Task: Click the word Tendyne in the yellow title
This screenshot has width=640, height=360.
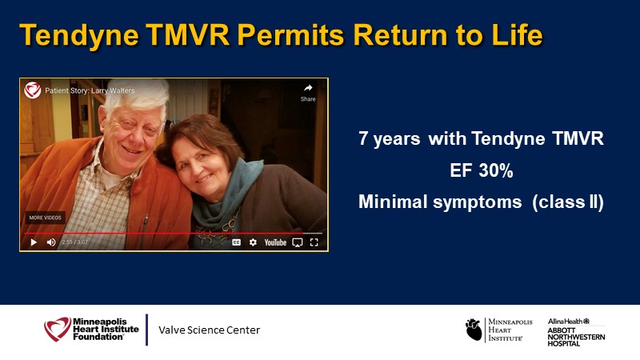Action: pyautogui.click(x=79, y=36)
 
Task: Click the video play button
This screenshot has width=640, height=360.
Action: pyautogui.click(x=34, y=242)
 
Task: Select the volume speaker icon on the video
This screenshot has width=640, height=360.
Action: pyautogui.click(x=51, y=242)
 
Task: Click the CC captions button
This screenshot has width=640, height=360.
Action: pyautogui.click(x=236, y=242)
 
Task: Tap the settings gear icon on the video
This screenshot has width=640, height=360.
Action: pyautogui.click(x=253, y=242)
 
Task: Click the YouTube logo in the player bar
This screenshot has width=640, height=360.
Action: pyautogui.click(x=275, y=242)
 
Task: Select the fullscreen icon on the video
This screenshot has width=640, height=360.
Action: pyautogui.click(x=314, y=242)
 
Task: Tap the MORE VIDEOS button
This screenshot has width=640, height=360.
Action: pyautogui.click(x=45, y=218)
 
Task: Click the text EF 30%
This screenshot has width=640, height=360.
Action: pyautogui.click(x=482, y=170)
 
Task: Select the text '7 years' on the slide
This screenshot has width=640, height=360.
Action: pyautogui.click(x=390, y=138)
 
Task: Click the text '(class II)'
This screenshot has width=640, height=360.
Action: pyautogui.click(x=568, y=202)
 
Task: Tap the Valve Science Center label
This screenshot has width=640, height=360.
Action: pyautogui.click(x=209, y=330)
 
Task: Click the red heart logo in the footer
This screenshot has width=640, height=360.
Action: pyautogui.click(x=58, y=329)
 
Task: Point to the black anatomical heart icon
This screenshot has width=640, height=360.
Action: pyautogui.click(x=474, y=330)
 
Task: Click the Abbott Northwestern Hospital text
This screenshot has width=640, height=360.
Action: pyautogui.click(x=576, y=337)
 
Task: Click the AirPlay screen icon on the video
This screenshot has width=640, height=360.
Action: pyautogui.click(x=298, y=243)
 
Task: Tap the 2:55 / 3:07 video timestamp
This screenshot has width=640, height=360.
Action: pyautogui.click(x=74, y=242)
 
